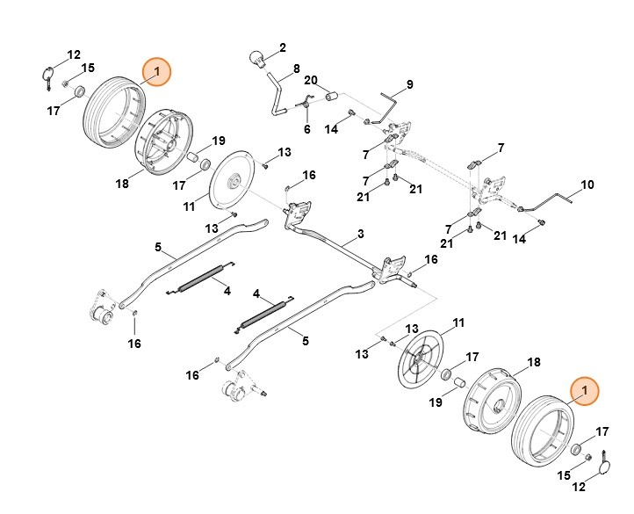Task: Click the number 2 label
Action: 283,47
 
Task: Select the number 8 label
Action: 297,69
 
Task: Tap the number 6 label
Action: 307,129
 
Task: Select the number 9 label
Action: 408,85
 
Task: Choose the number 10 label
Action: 588,185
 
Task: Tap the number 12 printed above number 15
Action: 74,54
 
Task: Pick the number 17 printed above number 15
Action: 602,431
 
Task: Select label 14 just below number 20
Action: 331,130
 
